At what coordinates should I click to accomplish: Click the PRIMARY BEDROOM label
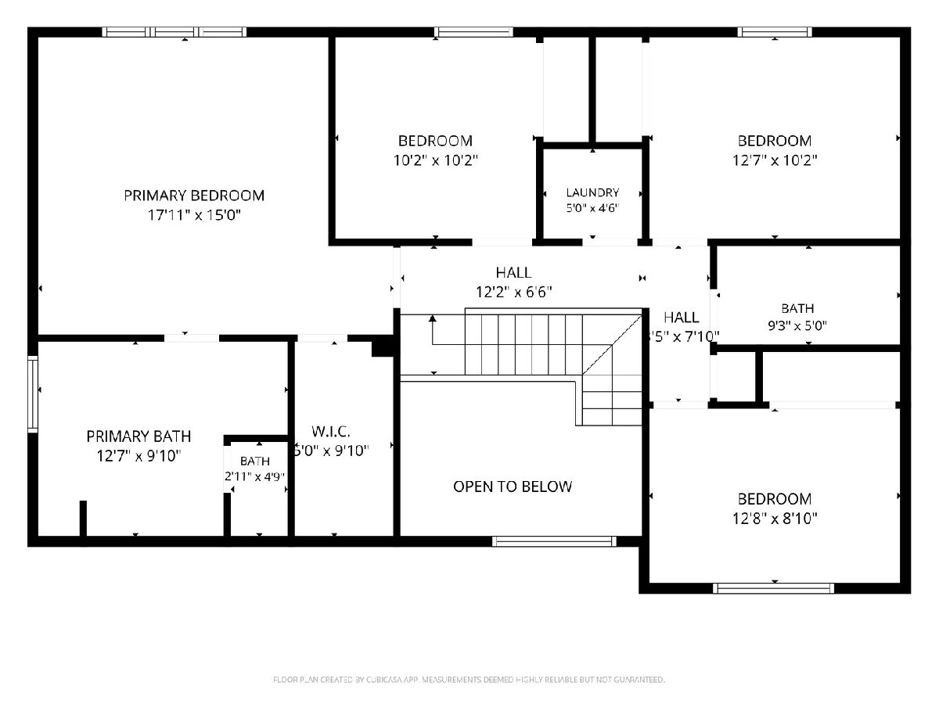(x=194, y=196)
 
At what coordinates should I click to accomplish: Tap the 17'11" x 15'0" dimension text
(x=194, y=214)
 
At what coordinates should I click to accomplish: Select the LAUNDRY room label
(x=592, y=192)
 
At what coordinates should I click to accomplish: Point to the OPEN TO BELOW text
(x=513, y=487)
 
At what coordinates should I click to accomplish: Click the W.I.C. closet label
(x=331, y=432)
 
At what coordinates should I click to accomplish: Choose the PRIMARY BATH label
(x=139, y=436)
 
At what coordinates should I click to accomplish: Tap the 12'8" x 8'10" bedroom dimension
(x=775, y=519)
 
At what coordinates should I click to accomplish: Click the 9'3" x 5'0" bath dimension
(x=797, y=326)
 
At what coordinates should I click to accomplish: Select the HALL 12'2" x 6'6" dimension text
(x=514, y=292)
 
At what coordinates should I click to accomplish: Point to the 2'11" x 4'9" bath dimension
(x=255, y=476)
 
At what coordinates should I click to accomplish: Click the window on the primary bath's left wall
(x=33, y=393)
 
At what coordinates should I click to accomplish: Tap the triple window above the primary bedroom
(x=174, y=32)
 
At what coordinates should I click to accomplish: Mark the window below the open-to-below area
(x=555, y=541)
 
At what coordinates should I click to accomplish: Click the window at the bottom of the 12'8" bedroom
(x=773, y=588)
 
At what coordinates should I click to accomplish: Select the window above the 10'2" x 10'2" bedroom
(x=473, y=32)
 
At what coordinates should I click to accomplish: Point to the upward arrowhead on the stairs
(x=433, y=318)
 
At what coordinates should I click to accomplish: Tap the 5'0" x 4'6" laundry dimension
(x=592, y=208)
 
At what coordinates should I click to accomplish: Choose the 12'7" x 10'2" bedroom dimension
(x=775, y=160)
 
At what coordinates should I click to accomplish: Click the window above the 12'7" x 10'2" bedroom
(x=775, y=32)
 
